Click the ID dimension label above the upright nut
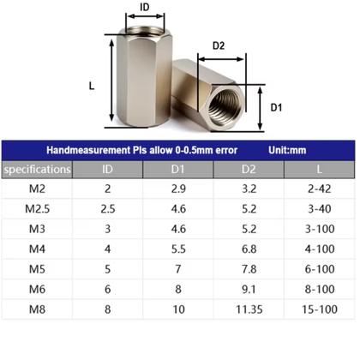(145, 8)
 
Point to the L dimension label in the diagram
(93, 86)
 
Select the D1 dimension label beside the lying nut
(277, 107)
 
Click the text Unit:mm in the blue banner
(286, 150)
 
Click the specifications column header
(36, 170)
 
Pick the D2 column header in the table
(249, 170)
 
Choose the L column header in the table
(321, 170)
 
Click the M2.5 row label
(36, 209)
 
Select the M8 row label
(36, 308)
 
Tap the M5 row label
(36, 268)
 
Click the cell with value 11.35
(249, 308)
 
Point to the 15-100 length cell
(321, 308)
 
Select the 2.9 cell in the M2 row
(178, 189)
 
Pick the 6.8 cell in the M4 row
(249, 249)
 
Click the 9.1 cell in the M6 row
(249, 288)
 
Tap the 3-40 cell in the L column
(321, 209)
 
